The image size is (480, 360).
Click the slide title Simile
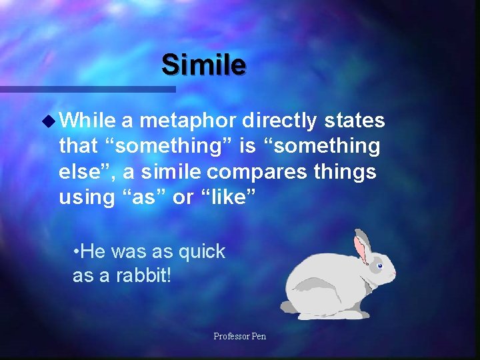tap(203, 65)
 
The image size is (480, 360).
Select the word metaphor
tap(187, 121)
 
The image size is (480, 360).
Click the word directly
tap(279, 121)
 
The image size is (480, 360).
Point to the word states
tap(354, 121)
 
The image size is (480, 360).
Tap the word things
tap(346, 171)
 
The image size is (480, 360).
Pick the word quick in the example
tap(202, 251)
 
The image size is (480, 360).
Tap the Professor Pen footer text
tap(239, 336)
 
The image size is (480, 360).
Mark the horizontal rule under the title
tap(87, 89)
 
